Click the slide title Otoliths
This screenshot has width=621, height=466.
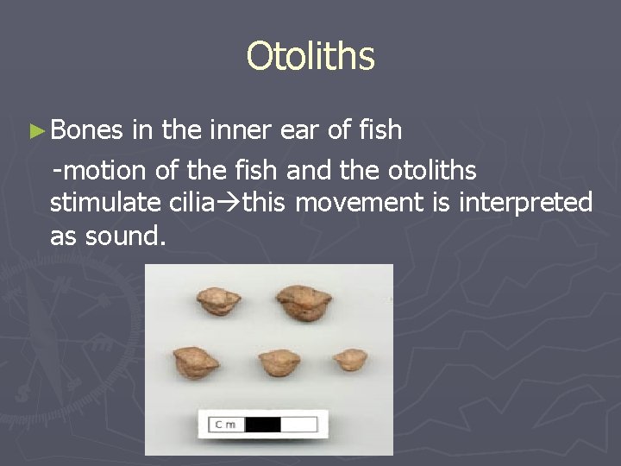click(x=310, y=57)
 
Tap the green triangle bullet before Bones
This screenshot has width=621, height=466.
click(x=34, y=131)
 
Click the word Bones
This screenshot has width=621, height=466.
click(x=86, y=130)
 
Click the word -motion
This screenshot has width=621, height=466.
click(x=101, y=170)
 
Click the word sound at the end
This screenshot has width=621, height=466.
click(x=122, y=236)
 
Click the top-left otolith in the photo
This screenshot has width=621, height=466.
click(x=217, y=301)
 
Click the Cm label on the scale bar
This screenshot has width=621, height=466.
click(x=227, y=424)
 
